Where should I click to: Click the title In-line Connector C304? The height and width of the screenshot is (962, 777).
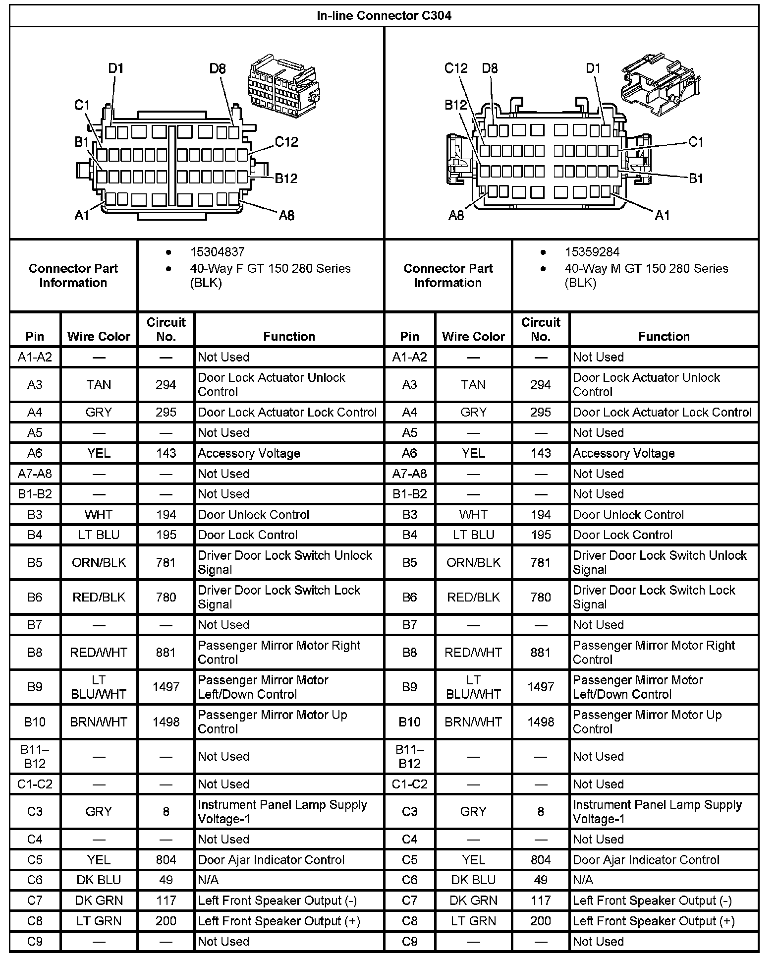pyautogui.click(x=384, y=15)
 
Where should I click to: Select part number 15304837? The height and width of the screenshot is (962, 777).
pyautogui.click(x=217, y=252)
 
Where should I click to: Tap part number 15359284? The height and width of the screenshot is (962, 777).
pyautogui.click(x=592, y=252)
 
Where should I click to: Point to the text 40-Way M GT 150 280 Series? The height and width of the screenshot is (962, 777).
pyautogui.click(x=646, y=269)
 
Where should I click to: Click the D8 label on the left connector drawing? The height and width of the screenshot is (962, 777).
pyautogui.click(x=218, y=68)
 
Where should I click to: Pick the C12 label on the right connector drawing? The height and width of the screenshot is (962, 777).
pyautogui.click(x=456, y=68)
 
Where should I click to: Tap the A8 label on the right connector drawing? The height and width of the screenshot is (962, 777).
pyautogui.click(x=456, y=215)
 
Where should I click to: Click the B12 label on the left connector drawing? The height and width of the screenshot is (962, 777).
pyautogui.click(x=286, y=179)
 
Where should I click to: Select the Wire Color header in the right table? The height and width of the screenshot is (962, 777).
pyautogui.click(x=473, y=337)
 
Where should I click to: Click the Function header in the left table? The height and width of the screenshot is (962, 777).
pyautogui.click(x=289, y=337)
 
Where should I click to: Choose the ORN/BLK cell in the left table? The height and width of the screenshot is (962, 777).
pyautogui.click(x=99, y=563)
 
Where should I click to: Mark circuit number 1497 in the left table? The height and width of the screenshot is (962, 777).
pyautogui.click(x=166, y=687)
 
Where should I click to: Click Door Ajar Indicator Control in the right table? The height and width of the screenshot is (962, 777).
pyautogui.click(x=646, y=860)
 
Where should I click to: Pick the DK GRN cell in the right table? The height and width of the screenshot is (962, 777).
pyautogui.click(x=473, y=901)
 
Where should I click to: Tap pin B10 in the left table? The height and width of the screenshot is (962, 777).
pyautogui.click(x=35, y=722)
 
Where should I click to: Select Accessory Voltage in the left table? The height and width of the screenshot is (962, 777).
pyautogui.click(x=249, y=453)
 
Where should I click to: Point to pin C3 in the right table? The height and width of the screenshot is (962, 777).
pyautogui.click(x=409, y=812)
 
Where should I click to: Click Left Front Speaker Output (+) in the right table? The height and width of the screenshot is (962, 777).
pyautogui.click(x=654, y=921)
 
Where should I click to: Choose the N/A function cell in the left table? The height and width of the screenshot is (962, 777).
pyautogui.click(x=208, y=880)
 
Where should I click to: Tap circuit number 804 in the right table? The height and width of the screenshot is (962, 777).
pyautogui.click(x=541, y=860)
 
